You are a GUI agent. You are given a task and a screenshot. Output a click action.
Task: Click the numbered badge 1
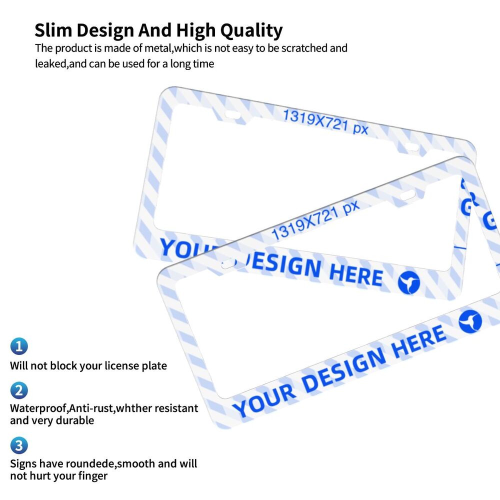(x=19, y=346)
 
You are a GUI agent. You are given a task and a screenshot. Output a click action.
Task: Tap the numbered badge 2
(x=19, y=390)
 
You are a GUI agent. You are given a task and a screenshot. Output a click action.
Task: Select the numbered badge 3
(x=19, y=445)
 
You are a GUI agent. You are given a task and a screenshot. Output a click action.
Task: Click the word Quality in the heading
(x=251, y=31)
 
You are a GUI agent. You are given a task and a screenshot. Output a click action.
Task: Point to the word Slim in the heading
(x=53, y=30)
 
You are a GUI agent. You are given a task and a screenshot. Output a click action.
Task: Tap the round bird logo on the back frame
(x=409, y=282)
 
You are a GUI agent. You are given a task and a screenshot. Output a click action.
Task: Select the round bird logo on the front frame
(x=470, y=321)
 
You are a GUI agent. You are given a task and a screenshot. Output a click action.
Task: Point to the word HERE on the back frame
(x=356, y=274)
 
